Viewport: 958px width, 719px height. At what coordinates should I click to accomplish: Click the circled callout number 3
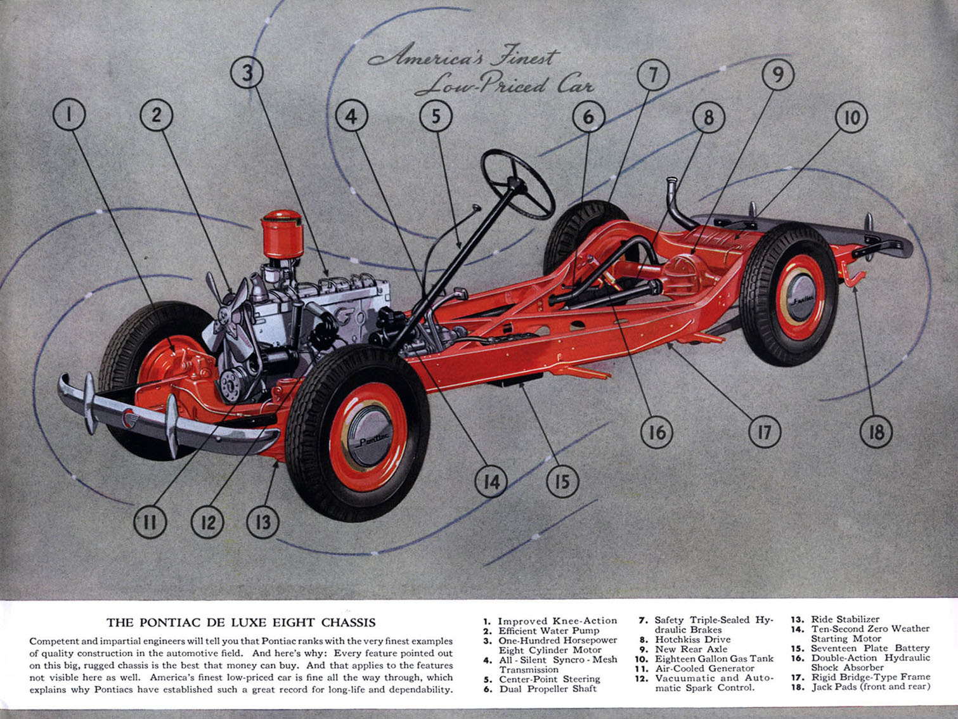(247, 73)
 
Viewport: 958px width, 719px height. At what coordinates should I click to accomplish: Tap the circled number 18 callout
(876, 432)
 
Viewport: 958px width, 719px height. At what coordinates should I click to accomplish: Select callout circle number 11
(150, 522)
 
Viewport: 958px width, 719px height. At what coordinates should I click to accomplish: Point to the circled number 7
(653, 75)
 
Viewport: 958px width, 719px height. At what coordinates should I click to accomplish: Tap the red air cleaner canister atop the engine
(282, 235)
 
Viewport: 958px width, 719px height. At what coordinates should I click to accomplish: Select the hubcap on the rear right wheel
(800, 299)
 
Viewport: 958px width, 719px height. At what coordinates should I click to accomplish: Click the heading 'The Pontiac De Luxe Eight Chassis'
(241, 623)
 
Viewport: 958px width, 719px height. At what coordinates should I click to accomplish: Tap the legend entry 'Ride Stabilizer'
(845, 619)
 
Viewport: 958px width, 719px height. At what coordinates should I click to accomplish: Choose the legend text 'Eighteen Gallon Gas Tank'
(714, 659)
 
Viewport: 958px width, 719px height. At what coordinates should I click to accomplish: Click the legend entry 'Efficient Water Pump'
(549, 631)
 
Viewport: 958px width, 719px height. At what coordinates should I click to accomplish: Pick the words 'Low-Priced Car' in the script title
(505, 84)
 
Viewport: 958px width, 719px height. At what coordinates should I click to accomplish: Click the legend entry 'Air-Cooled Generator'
(704, 668)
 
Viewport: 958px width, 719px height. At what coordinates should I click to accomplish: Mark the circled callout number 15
(562, 482)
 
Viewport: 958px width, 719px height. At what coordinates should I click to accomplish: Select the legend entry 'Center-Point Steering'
(550, 679)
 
